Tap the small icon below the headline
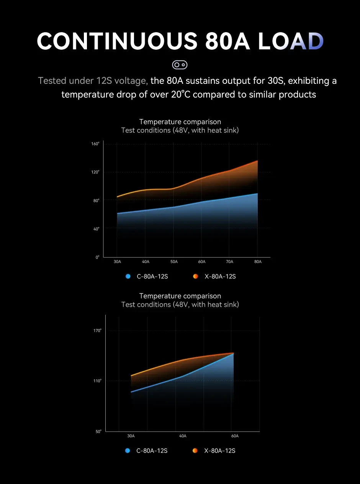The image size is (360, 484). click(180, 65)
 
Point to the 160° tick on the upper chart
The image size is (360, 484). click(95, 144)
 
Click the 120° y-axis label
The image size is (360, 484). click(95, 172)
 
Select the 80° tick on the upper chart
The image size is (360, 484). click(96, 200)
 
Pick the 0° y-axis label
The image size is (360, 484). click(97, 257)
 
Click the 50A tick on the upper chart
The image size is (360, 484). click(174, 262)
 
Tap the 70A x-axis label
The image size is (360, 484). click(230, 262)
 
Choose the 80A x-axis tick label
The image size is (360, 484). click(258, 262)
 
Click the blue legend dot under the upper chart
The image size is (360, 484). click(128, 276)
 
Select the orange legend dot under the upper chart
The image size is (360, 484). click(195, 276)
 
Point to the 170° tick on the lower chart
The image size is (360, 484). click(97, 331)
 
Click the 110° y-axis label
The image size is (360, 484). click(97, 381)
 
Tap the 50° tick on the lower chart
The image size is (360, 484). click(98, 432)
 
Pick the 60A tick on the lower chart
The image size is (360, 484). click(235, 436)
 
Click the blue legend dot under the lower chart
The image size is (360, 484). click(128, 451)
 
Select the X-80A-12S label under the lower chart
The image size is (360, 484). click(220, 451)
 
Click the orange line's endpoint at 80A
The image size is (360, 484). click(257, 161)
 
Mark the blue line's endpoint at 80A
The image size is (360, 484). click(257, 194)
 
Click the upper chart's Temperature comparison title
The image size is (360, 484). click(180, 122)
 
